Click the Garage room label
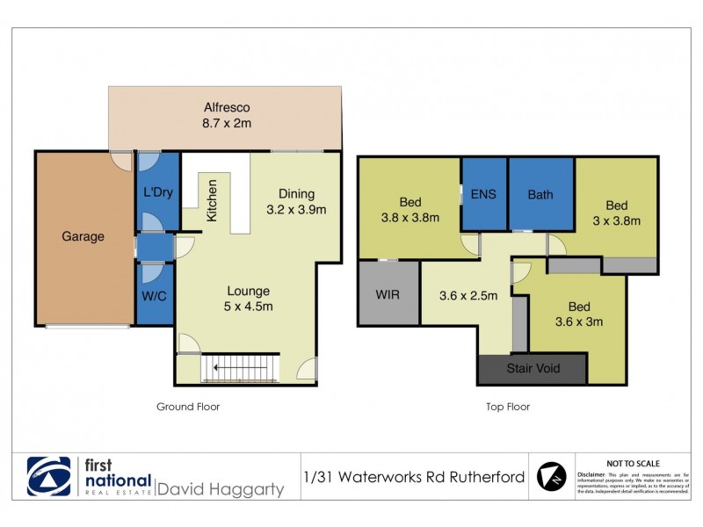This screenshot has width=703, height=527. (x=83, y=236)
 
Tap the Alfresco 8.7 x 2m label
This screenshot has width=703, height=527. (x=226, y=116)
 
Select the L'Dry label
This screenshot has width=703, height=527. (x=157, y=191)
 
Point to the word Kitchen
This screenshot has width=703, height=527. (x=212, y=199)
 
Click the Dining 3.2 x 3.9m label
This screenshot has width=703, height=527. (x=296, y=201)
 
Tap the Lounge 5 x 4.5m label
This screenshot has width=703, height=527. (x=248, y=299)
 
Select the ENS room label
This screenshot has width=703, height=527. (x=484, y=194)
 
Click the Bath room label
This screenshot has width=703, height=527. (x=540, y=194)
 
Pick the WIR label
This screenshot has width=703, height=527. (x=388, y=294)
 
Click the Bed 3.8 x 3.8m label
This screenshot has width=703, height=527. (x=410, y=209)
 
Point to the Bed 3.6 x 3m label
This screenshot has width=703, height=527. (x=578, y=314)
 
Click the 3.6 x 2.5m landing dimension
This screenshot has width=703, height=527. (x=468, y=295)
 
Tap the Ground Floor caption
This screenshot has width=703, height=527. (x=188, y=407)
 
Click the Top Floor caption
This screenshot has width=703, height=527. (x=508, y=407)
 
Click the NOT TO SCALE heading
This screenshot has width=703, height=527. (x=634, y=463)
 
